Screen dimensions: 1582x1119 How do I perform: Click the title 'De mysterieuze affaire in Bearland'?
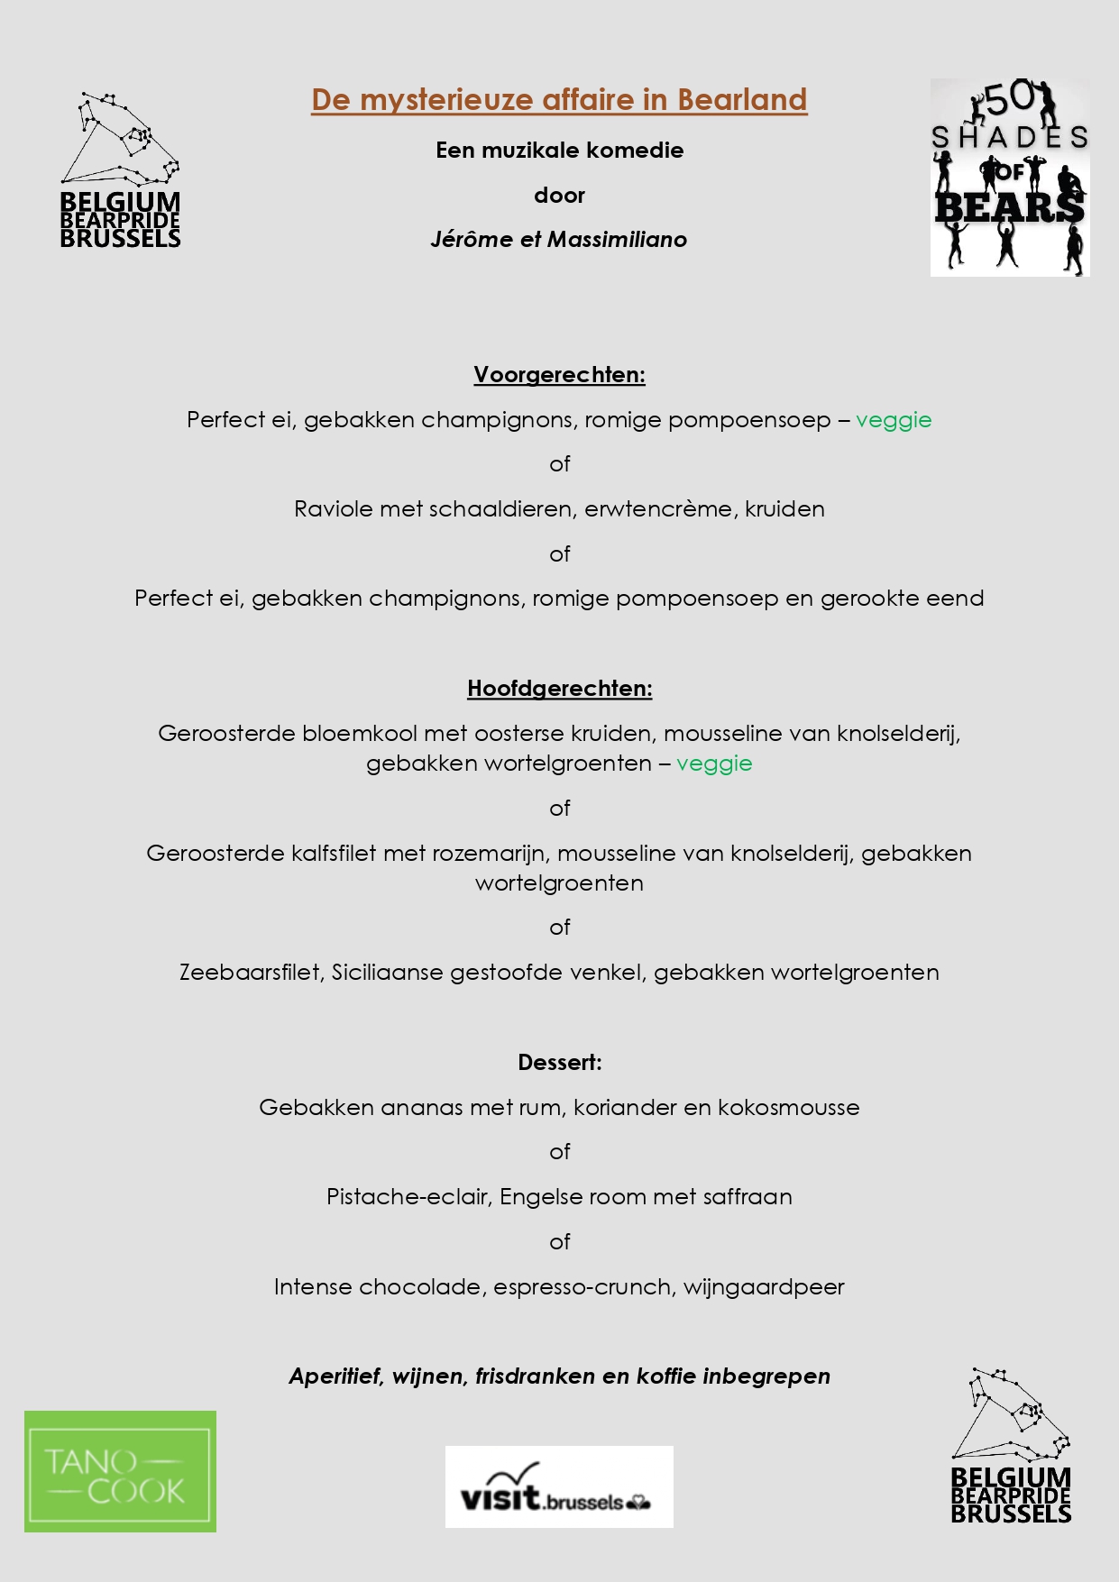point(559,100)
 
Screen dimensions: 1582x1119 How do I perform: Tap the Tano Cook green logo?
point(120,1470)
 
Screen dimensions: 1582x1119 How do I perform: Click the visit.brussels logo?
point(559,1486)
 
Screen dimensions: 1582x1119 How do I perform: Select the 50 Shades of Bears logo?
point(1010,178)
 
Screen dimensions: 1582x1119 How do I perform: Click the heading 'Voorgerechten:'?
point(559,375)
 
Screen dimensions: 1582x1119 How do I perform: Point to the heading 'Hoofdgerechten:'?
point(559,689)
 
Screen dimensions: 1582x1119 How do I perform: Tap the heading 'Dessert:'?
point(559,1063)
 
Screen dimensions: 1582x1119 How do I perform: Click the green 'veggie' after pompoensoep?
point(893,420)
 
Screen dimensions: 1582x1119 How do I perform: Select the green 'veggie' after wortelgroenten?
point(714,764)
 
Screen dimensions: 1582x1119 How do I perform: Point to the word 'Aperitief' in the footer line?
point(335,1376)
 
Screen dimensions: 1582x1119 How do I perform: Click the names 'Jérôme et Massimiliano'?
point(559,240)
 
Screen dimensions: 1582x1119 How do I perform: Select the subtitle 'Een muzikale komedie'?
point(559,151)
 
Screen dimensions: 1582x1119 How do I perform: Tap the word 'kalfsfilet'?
point(333,854)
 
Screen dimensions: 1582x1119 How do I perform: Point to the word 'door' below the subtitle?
point(559,196)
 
